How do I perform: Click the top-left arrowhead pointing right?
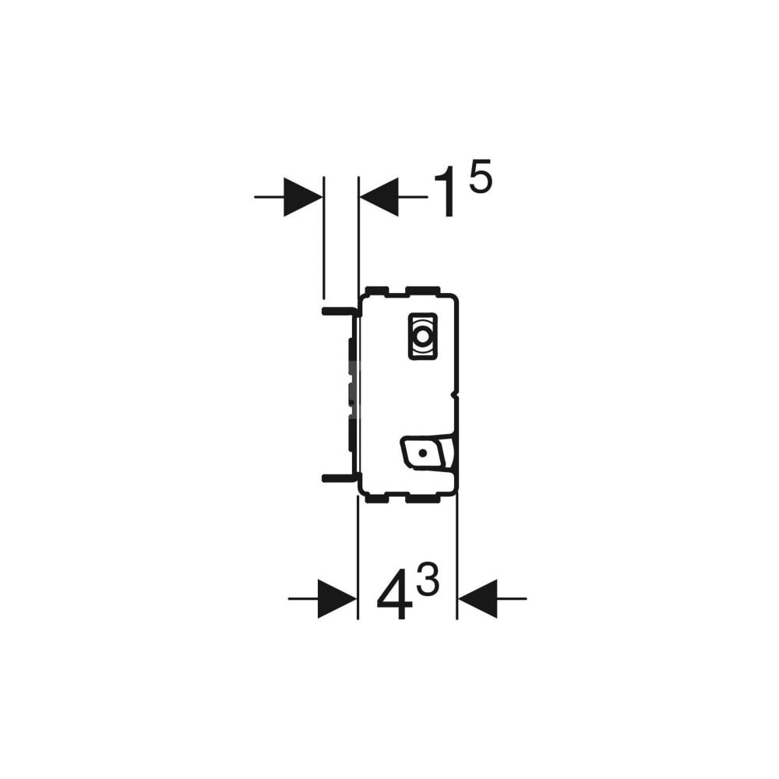point(302,196)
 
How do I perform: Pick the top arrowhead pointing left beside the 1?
point(379,196)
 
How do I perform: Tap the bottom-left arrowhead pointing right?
point(337,598)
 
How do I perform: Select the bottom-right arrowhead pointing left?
point(478,598)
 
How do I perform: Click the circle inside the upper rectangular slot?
point(421,338)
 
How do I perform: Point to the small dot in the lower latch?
point(421,452)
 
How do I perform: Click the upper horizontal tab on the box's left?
point(339,310)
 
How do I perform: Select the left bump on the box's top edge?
point(377,291)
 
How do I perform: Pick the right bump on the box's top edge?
point(423,291)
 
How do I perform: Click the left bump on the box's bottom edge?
point(377,497)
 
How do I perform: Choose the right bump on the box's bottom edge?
point(423,497)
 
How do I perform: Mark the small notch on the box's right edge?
point(456,396)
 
